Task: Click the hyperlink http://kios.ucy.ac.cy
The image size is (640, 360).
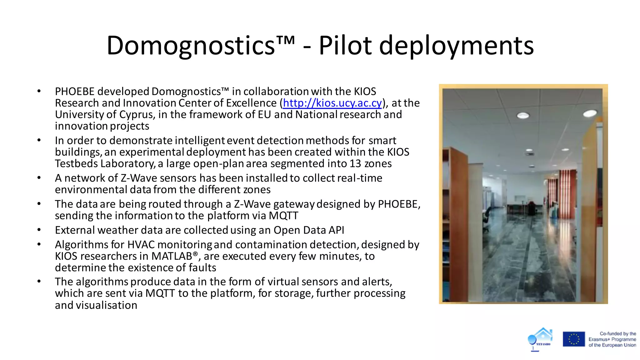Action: pos(332,103)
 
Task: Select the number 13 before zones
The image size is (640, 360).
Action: pos(355,163)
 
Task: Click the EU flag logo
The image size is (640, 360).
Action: pos(574,339)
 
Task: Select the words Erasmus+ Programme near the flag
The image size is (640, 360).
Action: pos(612,339)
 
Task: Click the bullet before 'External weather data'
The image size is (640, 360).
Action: pos(39,230)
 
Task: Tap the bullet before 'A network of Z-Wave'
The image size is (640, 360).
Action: pos(39,178)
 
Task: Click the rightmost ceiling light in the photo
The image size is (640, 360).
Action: pos(590,113)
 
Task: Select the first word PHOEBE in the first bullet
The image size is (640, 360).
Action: pos(75,92)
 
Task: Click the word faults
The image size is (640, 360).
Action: pos(202,268)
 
